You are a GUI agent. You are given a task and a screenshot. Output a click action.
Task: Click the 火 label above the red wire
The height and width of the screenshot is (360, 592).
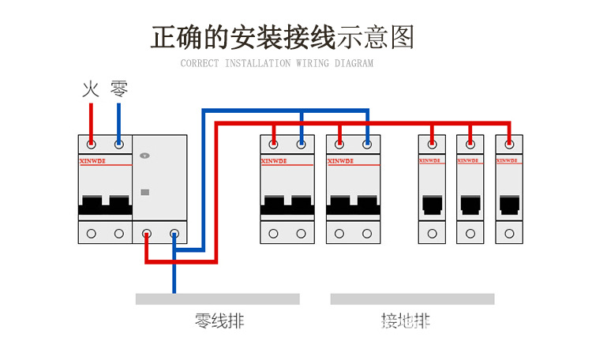click(x=91, y=89)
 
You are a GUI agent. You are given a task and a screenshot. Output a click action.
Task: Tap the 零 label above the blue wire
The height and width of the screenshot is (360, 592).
click(x=118, y=89)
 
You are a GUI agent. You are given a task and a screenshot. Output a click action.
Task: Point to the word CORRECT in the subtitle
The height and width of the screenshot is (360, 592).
click(x=200, y=63)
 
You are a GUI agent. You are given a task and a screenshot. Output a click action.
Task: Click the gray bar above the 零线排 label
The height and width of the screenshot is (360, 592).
click(x=217, y=299)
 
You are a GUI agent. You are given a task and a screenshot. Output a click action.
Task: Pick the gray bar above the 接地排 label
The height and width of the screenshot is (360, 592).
click(x=412, y=299)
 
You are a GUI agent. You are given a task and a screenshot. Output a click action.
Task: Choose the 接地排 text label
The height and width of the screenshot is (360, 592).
click(x=406, y=321)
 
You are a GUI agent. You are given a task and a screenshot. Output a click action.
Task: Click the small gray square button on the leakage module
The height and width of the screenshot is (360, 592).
click(x=144, y=192)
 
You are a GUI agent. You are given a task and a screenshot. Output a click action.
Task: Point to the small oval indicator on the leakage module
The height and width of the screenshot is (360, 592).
click(x=144, y=156)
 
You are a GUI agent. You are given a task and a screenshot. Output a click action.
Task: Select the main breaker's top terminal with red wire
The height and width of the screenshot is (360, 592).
click(x=92, y=144)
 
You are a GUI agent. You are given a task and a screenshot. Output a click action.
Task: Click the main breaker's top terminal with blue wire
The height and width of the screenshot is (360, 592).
click(x=118, y=144)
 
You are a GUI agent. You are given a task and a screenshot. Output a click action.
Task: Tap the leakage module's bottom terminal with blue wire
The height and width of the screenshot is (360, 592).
click(x=174, y=234)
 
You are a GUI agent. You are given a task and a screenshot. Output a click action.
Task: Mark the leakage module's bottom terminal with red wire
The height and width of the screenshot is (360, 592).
click(x=146, y=234)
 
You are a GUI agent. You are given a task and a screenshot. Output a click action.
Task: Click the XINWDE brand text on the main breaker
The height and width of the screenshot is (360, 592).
click(x=92, y=160)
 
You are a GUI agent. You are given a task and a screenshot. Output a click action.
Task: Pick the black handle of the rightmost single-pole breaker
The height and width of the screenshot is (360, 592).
click(x=509, y=205)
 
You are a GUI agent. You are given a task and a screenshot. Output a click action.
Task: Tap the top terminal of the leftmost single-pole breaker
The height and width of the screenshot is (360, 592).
click(x=432, y=144)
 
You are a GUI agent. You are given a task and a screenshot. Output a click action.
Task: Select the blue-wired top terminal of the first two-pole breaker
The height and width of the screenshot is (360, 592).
click(x=301, y=144)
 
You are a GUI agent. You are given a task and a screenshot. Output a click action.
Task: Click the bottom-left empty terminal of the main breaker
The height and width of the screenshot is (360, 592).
click(x=92, y=234)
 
